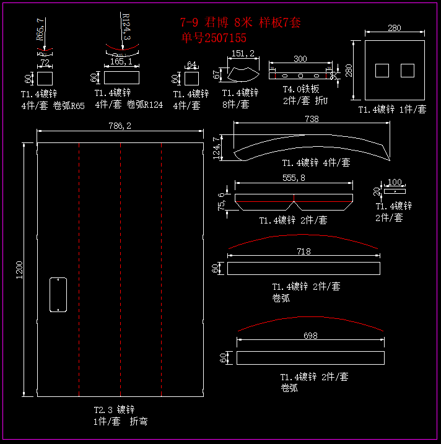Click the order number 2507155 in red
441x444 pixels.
coord(214,38)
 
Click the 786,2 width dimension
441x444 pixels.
coord(120,126)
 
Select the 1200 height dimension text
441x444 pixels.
coord(19,269)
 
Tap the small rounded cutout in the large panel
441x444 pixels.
coord(58,295)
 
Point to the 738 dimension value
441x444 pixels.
coord(312,119)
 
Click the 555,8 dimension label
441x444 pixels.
coord(294,177)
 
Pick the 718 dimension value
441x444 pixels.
coord(303,251)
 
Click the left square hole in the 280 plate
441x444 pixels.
coord(382,71)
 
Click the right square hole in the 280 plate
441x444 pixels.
coord(407,71)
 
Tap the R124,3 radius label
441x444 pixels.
coord(126,27)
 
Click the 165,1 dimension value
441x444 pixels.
coord(121,62)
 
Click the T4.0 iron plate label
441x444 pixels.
coord(300,89)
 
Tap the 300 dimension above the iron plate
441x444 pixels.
coord(300,59)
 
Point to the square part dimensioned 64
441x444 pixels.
coord(191,79)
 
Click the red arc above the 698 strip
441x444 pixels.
coord(310,320)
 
